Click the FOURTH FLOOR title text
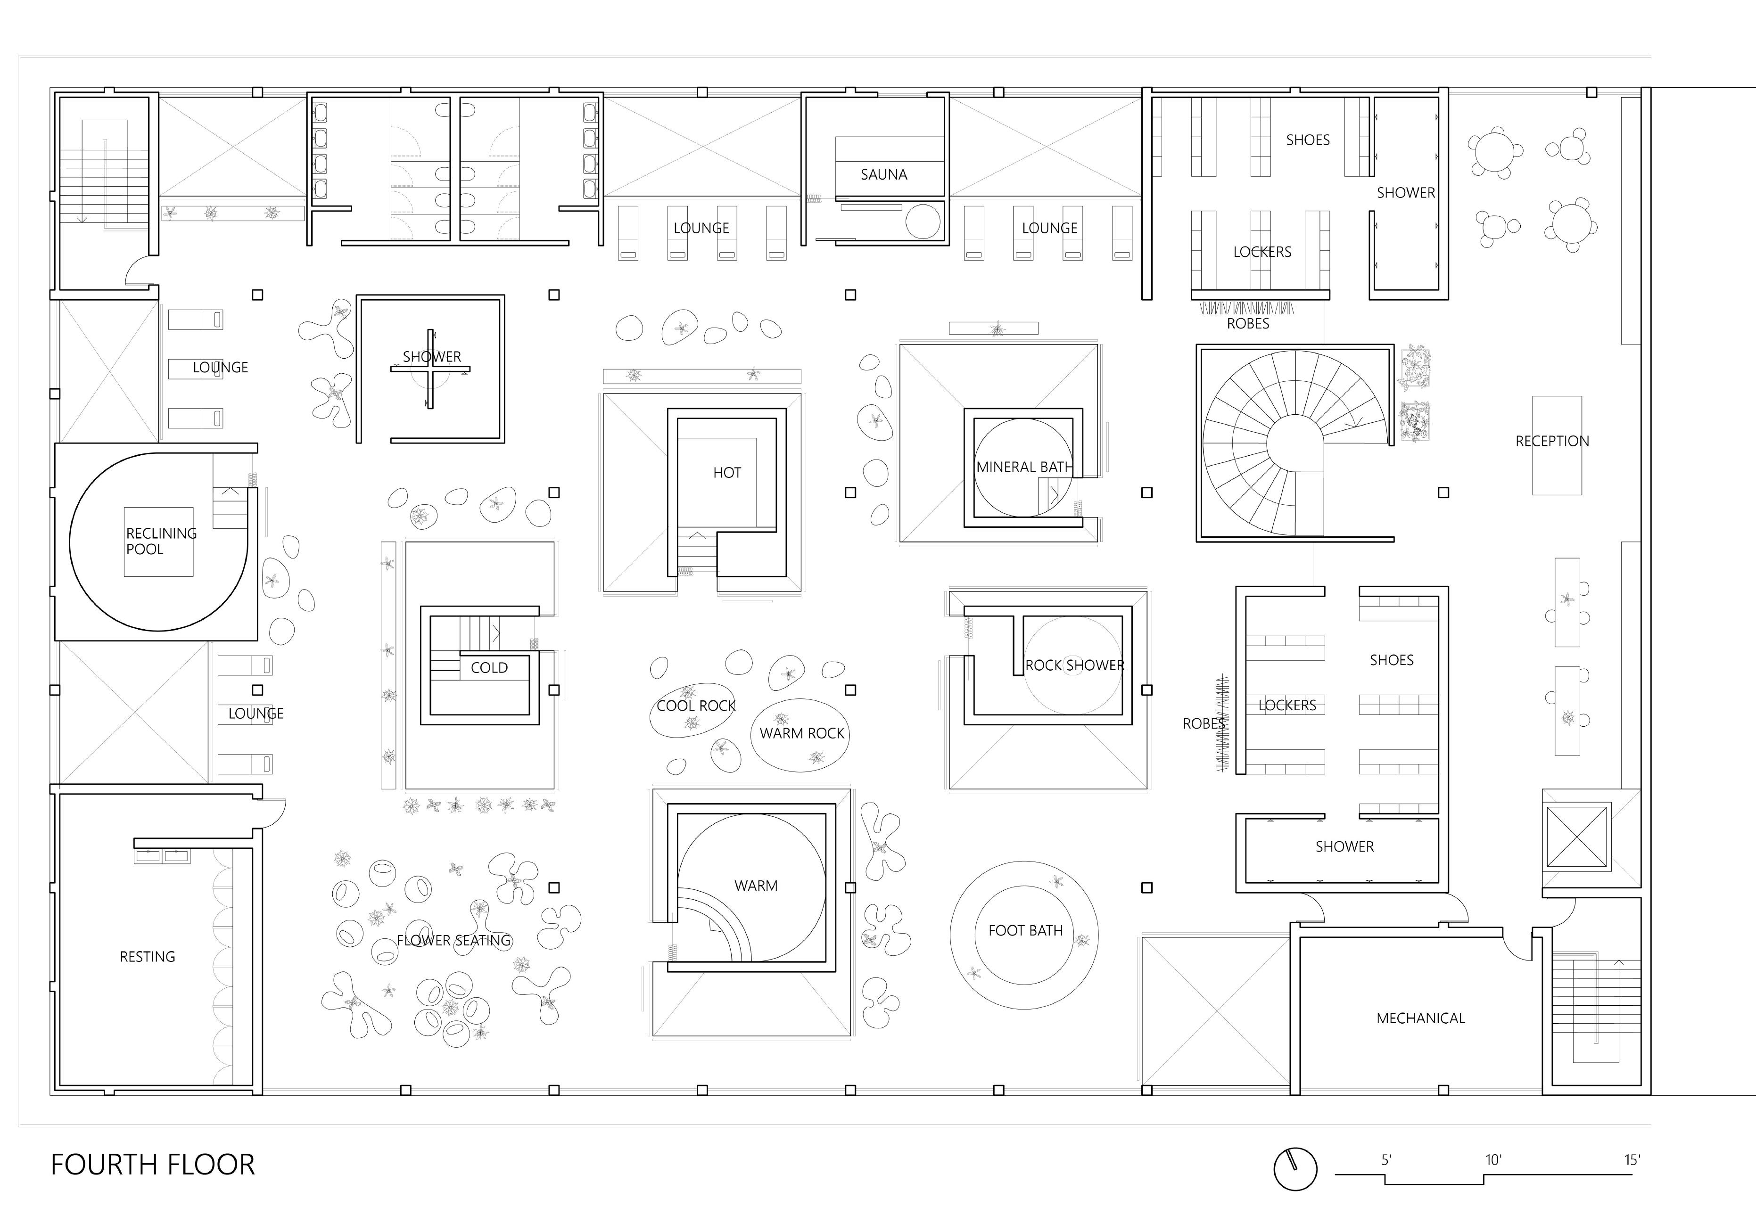coord(152,1165)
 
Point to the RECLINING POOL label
coord(161,541)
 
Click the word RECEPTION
coord(1552,441)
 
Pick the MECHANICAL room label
coord(1420,1018)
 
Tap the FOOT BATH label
coord(1025,931)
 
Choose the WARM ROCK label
coord(801,733)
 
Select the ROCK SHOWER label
coord(1074,665)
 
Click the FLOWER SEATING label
coord(453,941)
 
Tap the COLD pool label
coord(489,668)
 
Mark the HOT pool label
coord(726,473)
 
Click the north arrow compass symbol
coord(1295,1169)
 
